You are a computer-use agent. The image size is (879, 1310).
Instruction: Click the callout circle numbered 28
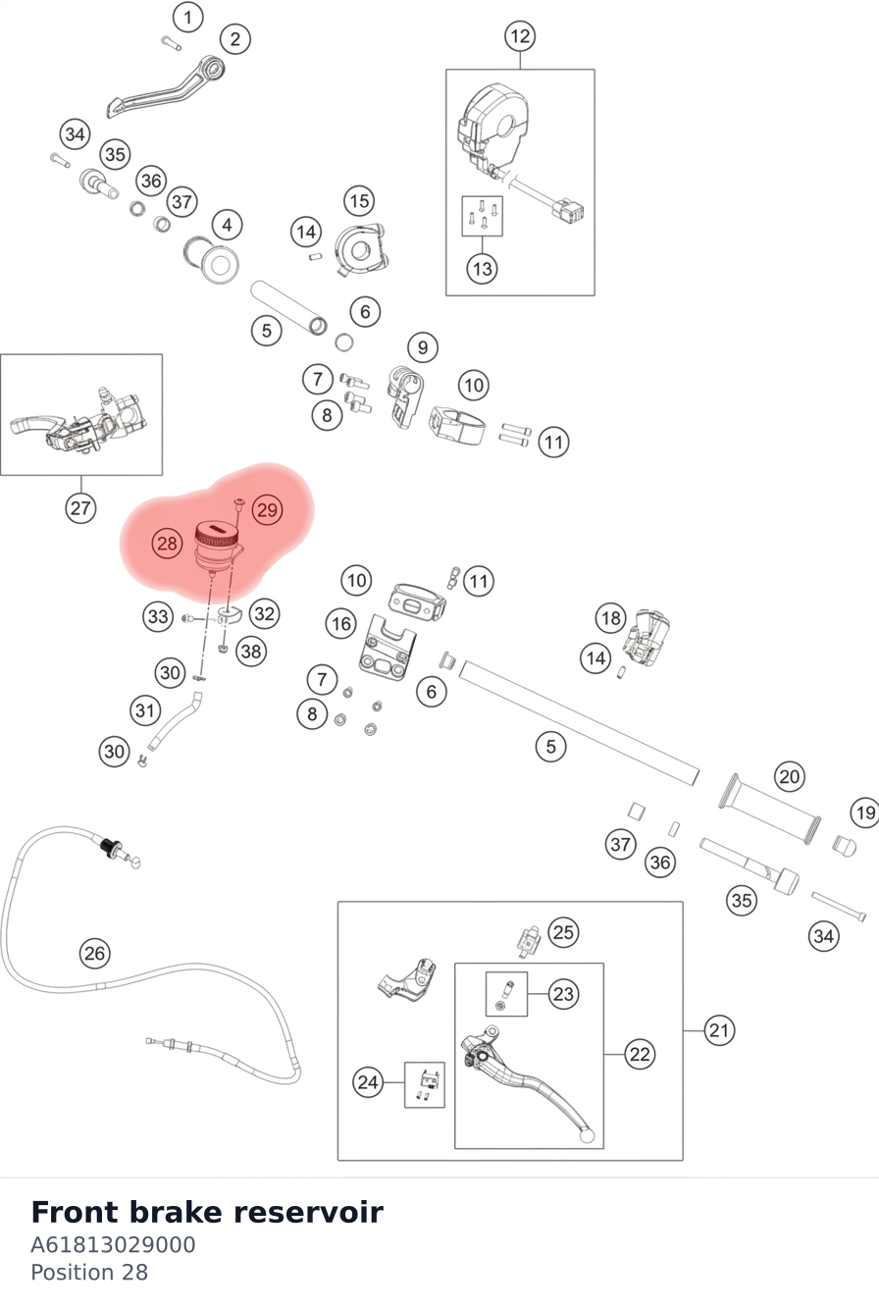pos(167,544)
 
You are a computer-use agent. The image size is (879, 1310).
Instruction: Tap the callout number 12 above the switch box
pos(520,36)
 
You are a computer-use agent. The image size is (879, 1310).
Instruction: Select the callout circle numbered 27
pos(80,507)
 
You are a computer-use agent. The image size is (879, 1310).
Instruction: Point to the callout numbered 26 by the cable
pos(95,953)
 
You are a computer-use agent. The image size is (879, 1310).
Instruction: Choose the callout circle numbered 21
pos(719,1030)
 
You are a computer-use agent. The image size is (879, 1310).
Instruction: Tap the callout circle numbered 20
pos(790,776)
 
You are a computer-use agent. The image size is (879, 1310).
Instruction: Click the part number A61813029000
pos(113,1244)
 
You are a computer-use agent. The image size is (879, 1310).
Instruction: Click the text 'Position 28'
pos(89,1273)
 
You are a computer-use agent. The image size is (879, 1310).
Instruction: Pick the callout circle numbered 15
pos(359,201)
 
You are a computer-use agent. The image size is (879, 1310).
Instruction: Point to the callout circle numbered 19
pos(865,812)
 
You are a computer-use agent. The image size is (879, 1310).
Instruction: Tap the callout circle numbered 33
pos(158,616)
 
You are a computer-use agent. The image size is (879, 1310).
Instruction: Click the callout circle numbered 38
pos(251,651)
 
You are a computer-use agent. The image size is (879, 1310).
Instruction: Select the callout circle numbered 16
pos(341,623)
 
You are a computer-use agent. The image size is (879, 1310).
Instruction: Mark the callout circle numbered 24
pos(368,1082)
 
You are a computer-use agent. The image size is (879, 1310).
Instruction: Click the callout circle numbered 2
pos(235,39)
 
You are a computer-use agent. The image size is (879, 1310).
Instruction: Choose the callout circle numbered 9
pos(423,347)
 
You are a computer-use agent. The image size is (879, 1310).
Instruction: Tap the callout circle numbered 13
pos(482,269)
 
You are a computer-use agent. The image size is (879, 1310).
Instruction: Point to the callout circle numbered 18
pos(610,617)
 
